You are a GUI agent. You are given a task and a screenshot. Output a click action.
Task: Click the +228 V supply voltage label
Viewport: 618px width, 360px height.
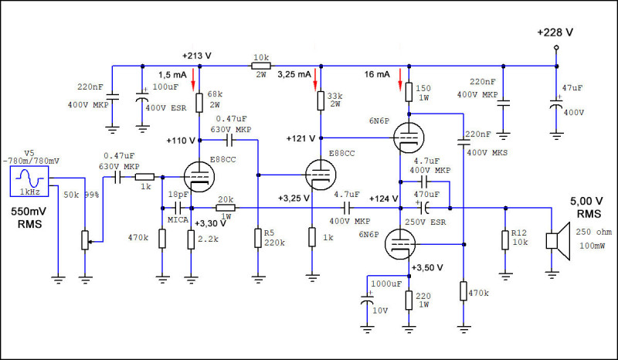click(x=555, y=32)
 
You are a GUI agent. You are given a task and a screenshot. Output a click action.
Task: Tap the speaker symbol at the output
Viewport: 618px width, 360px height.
click(x=558, y=241)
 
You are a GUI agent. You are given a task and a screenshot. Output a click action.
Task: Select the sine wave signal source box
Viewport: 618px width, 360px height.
click(x=29, y=181)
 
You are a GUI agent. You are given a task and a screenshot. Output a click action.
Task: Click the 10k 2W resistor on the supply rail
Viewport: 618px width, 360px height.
click(x=261, y=66)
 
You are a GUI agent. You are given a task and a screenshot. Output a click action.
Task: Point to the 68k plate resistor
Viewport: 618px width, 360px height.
click(x=199, y=103)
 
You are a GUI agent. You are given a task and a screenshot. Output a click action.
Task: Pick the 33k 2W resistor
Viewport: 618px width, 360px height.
click(x=321, y=101)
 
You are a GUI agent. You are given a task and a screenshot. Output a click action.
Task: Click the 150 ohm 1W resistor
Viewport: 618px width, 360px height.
click(x=409, y=92)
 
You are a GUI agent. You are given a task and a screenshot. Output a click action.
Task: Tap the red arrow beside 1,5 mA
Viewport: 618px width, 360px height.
click(x=193, y=79)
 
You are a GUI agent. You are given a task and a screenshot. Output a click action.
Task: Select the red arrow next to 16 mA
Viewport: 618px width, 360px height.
click(x=400, y=79)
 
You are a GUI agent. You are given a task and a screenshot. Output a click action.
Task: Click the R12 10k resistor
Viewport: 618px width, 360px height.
click(x=505, y=240)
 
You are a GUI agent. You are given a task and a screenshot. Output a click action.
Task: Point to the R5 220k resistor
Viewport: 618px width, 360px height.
click(x=258, y=238)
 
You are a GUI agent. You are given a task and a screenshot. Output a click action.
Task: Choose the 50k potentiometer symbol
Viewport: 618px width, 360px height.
click(x=85, y=240)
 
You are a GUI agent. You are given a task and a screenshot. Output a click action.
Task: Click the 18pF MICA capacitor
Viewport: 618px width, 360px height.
click(x=178, y=208)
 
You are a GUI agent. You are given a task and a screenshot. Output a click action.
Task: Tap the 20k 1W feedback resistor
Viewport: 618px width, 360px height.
click(x=226, y=208)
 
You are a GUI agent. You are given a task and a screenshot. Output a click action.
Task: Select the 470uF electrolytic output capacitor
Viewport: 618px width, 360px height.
click(x=424, y=207)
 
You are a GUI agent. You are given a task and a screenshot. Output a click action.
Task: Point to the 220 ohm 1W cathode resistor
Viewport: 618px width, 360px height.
click(x=409, y=301)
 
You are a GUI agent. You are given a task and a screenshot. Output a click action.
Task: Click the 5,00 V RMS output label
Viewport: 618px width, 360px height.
click(x=587, y=207)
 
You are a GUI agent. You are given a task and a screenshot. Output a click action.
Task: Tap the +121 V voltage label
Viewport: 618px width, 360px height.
click(x=301, y=138)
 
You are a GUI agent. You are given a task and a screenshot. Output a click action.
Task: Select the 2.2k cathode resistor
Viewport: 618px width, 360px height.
click(x=191, y=239)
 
